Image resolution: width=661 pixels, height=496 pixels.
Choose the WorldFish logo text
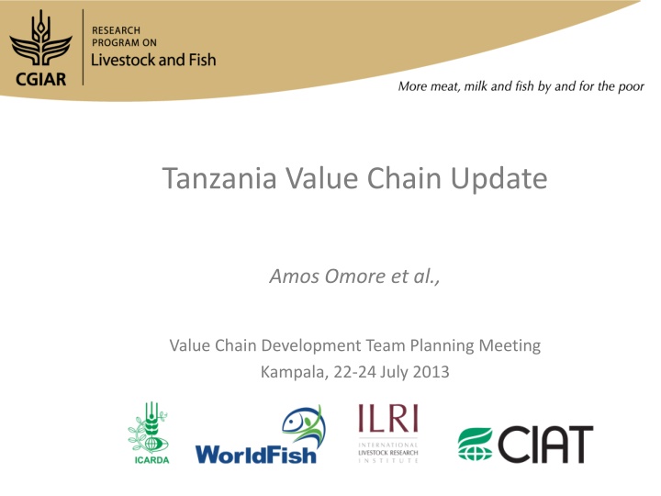point(255,453)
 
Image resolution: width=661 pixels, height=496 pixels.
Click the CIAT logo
point(526,444)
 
